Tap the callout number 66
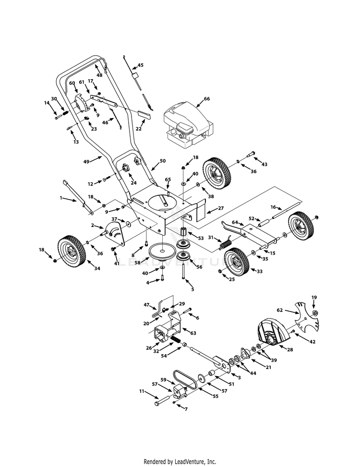coord(207,99)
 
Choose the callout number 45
coord(140,65)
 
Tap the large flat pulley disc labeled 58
coord(162,251)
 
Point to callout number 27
coord(207,209)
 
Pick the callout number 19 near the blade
coord(314,298)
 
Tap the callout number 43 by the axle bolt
coord(264,164)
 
